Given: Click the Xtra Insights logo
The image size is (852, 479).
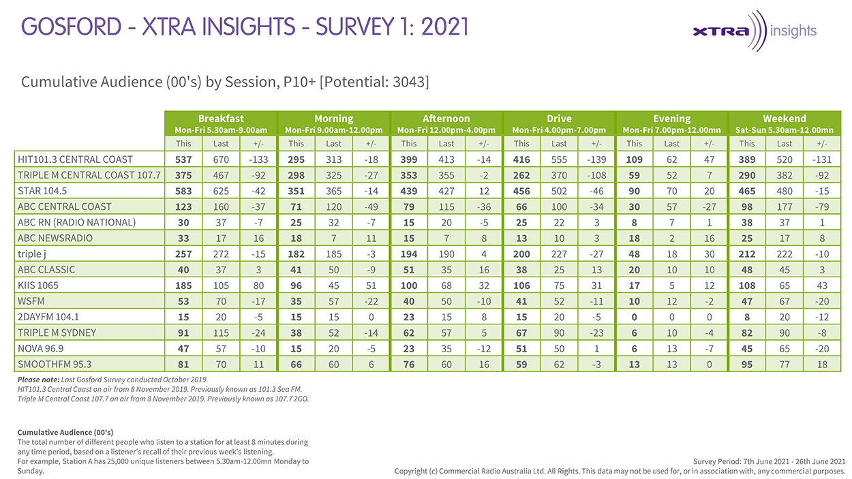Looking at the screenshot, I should tap(754, 31).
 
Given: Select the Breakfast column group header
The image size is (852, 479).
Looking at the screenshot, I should tap(221, 118).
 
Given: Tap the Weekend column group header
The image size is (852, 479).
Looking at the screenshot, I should tap(785, 118).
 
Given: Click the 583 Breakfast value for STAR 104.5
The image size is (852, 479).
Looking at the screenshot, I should tap(183, 191).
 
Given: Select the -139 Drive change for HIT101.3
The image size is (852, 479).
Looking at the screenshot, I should tap(596, 159).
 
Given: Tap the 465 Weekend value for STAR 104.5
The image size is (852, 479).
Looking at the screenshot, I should tap(747, 191).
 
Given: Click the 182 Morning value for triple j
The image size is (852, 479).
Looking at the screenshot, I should tap(296, 253).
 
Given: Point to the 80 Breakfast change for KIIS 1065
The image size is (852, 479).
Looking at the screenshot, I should tap(258, 285).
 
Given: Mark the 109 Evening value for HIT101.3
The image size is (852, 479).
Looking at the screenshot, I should tap(634, 159).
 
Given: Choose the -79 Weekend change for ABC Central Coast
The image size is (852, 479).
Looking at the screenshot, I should tap(822, 206).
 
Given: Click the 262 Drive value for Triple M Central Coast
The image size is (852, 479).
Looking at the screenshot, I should tap(521, 175).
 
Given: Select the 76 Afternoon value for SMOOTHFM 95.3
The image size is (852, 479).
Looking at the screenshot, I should tap(409, 364).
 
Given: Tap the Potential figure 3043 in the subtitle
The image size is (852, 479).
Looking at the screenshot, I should tap(406, 82).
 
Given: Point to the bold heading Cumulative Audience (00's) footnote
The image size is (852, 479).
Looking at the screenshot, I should tap(65, 432).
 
